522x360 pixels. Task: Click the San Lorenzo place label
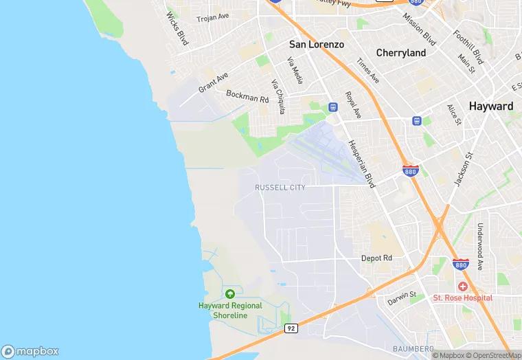click(x=316, y=44)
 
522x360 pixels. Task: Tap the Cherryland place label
click(x=401, y=53)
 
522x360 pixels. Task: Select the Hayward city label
click(x=490, y=106)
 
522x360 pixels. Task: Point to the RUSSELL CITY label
click(x=280, y=187)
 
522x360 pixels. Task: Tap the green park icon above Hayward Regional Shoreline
click(x=230, y=294)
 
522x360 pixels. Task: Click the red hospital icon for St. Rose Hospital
click(x=463, y=286)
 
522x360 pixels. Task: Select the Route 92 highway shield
click(x=291, y=329)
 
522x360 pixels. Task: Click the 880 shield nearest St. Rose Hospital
click(x=461, y=265)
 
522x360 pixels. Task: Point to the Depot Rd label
click(x=376, y=258)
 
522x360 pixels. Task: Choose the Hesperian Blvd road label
click(x=361, y=164)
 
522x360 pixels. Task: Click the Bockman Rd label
click(x=247, y=96)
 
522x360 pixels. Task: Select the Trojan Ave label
click(x=213, y=16)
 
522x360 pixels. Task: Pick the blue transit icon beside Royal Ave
click(x=333, y=106)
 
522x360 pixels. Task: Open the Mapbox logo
click(x=30, y=351)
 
